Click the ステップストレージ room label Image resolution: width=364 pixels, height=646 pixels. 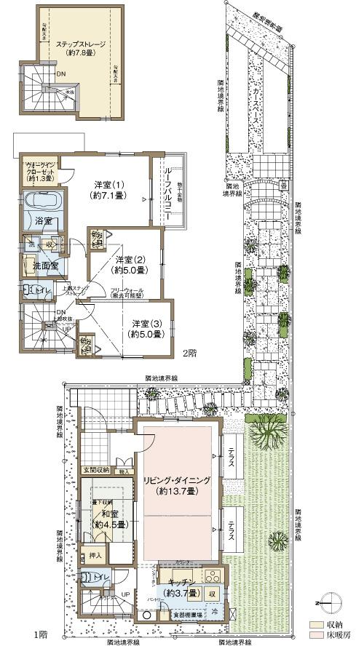point(82,48)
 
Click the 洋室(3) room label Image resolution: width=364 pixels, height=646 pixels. point(146,328)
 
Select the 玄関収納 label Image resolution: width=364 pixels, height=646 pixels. point(97,471)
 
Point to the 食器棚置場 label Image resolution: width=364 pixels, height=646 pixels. point(186,615)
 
